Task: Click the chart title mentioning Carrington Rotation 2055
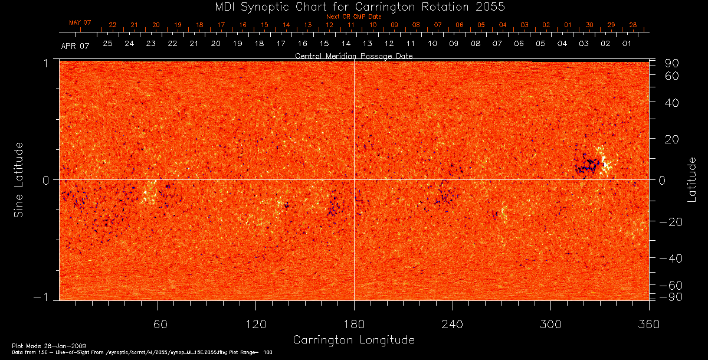pyautogui.click(x=354, y=6)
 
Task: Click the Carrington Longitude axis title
pyautogui.click(x=353, y=340)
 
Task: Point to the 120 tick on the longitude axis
pyautogui.click(x=255, y=325)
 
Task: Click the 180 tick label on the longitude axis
pyautogui.click(x=354, y=325)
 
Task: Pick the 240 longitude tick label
pyautogui.click(x=452, y=325)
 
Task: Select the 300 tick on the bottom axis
pyautogui.click(x=550, y=325)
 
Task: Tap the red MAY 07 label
pyautogui.click(x=80, y=22)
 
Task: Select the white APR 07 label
pyautogui.click(x=75, y=45)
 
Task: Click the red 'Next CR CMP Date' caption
pyautogui.click(x=353, y=17)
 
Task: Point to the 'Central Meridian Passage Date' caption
pyautogui.click(x=353, y=55)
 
